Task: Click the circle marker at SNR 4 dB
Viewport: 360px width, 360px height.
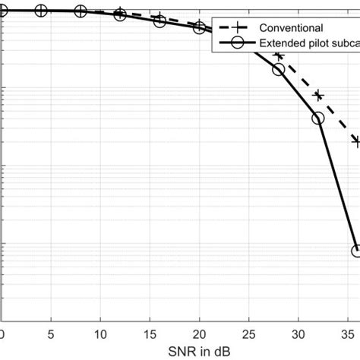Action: click(x=41, y=11)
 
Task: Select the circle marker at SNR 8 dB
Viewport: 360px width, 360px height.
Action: click(x=81, y=11)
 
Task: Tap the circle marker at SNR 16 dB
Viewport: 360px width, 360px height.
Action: click(x=159, y=21)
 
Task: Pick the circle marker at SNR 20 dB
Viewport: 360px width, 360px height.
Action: click(x=199, y=28)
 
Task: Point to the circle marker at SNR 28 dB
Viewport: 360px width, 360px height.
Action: click(x=278, y=69)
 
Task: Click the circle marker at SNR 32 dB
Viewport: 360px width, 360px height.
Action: click(x=317, y=118)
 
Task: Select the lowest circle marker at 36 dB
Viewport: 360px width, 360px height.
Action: click(x=356, y=251)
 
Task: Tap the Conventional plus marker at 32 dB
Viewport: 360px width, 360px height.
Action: click(x=317, y=96)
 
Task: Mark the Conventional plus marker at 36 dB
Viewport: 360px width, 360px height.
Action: click(x=356, y=141)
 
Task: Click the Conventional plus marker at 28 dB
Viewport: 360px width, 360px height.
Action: click(x=278, y=56)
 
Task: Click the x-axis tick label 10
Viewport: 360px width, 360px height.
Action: click(x=100, y=333)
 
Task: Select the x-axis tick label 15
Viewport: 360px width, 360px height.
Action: click(x=150, y=333)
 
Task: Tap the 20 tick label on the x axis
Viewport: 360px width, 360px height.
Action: click(x=199, y=333)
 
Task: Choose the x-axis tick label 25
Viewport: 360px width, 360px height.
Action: click(x=248, y=333)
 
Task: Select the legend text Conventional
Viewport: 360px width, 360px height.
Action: click(x=289, y=27)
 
